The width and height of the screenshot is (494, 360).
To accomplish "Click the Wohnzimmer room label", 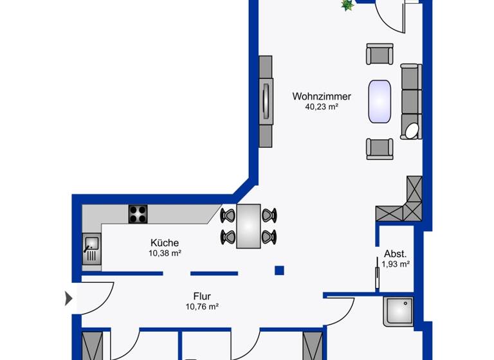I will pyautogui.click(x=322, y=96).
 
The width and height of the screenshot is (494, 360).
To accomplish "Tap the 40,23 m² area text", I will pyautogui.click(x=322, y=107).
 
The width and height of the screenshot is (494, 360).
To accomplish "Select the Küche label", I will pyautogui.click(x=165, y=243).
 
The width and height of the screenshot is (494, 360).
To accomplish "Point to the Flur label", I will pyautogui.click(x=201, y=296).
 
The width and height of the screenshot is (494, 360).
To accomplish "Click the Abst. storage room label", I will pyautogui.click(x=395, y=253).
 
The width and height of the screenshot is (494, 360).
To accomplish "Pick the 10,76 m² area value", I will pyautogui.click(x=201, y=307).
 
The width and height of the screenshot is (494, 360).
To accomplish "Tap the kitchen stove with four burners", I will pyautogui.click(x=138, y=213).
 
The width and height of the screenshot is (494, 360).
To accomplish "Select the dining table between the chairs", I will pyautogui.click(x=248, y=226).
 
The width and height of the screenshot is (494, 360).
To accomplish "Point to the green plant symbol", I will pyautogui.click(x=347, y=5).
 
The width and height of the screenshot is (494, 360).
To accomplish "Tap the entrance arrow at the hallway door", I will pyautogui.click(x=69, y=298).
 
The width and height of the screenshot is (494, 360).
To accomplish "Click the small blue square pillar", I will pyautogui.click(x=279, y=270).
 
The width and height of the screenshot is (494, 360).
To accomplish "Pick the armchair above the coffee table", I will pyautogui.click(x=380, y=54).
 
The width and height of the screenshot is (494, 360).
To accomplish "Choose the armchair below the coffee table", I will pyautogui.click(x=380, y=148).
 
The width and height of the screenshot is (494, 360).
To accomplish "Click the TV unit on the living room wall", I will pyautogui.click(x=266, y=101).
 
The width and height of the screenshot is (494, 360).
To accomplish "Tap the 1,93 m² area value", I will pyautogui.click(x=396, y=264).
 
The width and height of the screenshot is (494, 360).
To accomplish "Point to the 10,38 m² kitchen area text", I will pyautogui.click(x=165, y=253).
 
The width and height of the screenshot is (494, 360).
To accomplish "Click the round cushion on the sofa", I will pyautogui.click(x=411, y=131).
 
